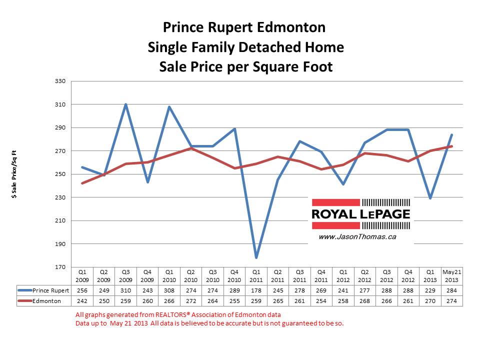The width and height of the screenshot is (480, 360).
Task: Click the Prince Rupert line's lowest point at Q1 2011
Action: (255, 258)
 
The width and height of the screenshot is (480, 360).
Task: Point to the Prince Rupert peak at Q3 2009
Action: (126, 104)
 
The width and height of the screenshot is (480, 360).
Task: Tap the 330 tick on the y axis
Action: (63, 81)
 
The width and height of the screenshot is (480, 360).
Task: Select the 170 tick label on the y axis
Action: (63, 267)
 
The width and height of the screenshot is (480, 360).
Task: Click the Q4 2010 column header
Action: (234, 276)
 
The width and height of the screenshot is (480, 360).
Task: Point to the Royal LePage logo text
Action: (361, 214)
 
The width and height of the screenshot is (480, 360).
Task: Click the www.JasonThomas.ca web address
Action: (357, 236)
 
